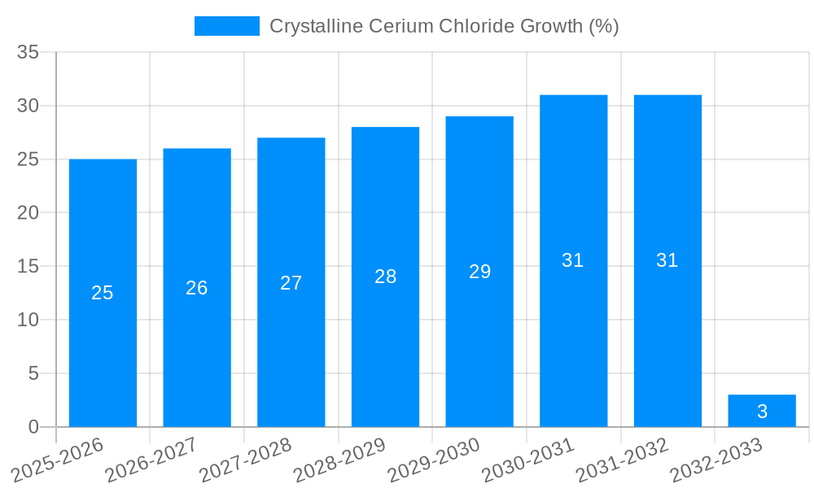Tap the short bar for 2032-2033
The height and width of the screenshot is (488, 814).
pyautogui.click(x=762, y=411)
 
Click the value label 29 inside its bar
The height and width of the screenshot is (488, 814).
pyautogui.click(x=480, y=272)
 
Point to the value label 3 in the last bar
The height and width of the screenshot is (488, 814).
pyautogui.click(x=762, y=412)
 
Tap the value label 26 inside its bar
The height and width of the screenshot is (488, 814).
pyautogui.click(x=197, y=288)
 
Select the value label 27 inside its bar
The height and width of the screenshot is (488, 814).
pyautogui.click(x=291, y=283)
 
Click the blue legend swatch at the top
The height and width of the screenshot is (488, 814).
pyautogui.click(x=227, y=26)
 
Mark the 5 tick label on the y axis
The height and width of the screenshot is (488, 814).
pyautogui.click(x=33, y=373)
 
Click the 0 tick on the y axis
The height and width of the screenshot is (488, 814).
pyautogui.click(x=33, y=427)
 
